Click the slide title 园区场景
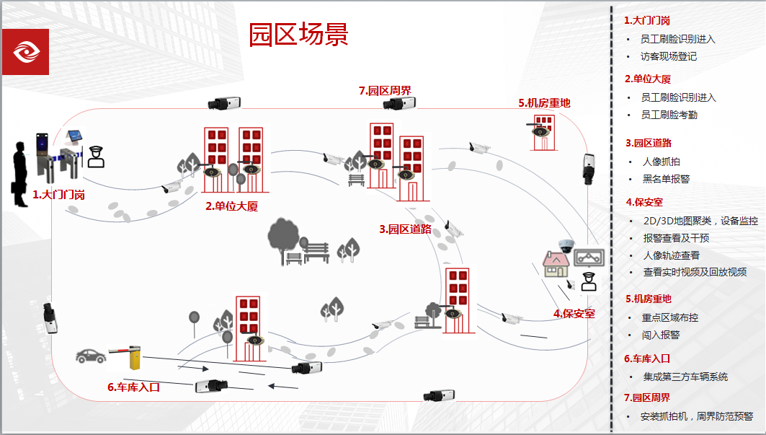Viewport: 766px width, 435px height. (x=298, y=34)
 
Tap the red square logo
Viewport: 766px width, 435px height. (x=25, y=52)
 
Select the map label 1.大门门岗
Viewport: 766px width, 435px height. (x=59, y=195)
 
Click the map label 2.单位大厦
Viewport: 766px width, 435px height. (x=231, y=206)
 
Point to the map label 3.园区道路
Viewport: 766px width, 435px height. (x=405, y=229)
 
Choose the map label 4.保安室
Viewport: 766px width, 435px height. (x=574, y=313)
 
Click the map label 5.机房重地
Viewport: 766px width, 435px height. (x=544, y=103)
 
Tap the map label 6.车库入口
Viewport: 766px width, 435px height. (x=133, y=387)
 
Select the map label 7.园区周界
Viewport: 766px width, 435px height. (x=385, y=91)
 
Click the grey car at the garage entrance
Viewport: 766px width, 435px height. (x=91, y=355)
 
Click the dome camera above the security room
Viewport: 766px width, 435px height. (x=564, y=245)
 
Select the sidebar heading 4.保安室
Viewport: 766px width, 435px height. (x=644, y=202)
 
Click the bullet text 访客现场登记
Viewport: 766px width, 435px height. (x=668, y=56)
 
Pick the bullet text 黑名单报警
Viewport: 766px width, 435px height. (x=666, y=179)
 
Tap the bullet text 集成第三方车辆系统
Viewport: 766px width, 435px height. (x=685, y=377)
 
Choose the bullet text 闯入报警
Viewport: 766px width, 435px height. (x=661, y=335)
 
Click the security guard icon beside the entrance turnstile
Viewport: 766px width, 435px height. (x=96, y=156)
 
